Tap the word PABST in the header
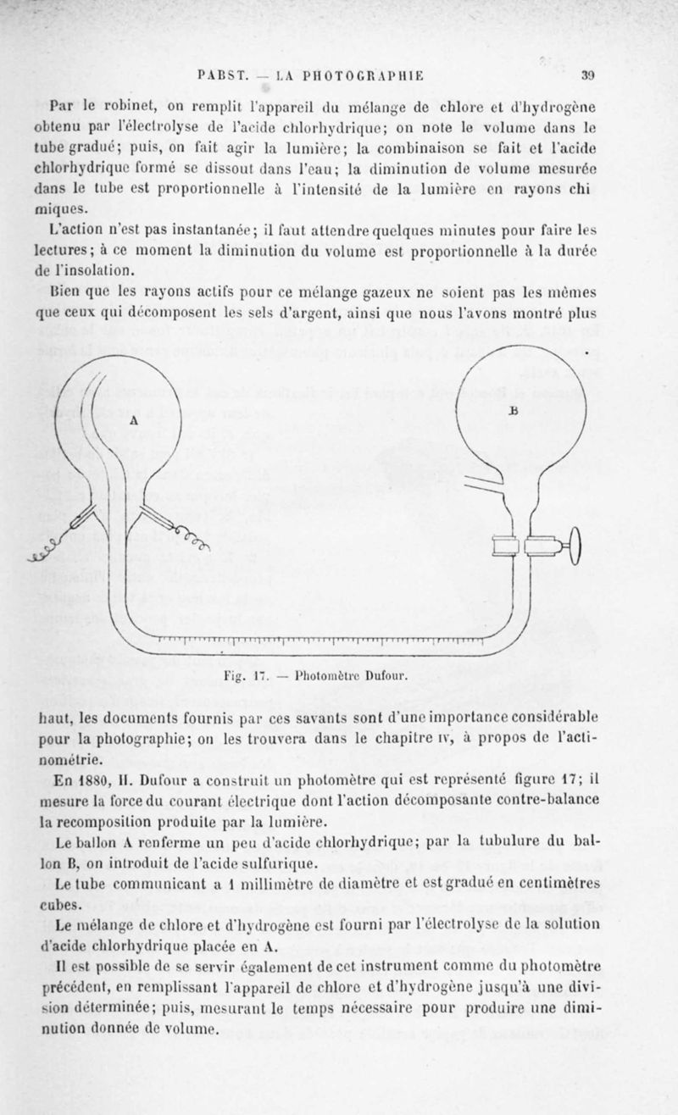click(x=220, y=75)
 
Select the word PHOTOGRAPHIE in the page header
click(x=372, y=75)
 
